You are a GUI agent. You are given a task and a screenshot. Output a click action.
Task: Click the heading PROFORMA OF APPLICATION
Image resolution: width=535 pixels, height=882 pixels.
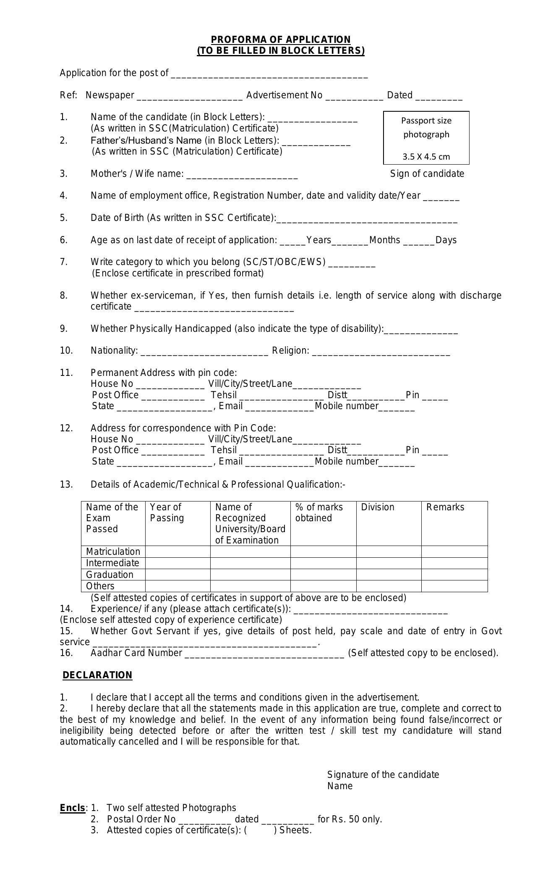280,40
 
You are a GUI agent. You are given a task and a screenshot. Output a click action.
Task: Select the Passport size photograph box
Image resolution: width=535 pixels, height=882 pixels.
426,138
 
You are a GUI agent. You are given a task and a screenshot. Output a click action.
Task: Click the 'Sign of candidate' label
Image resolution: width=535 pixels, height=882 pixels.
427,174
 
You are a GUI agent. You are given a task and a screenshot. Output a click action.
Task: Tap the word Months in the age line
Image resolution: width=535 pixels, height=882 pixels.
385,240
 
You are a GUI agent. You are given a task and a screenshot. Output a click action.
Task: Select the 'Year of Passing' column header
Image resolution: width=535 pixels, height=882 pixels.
167,513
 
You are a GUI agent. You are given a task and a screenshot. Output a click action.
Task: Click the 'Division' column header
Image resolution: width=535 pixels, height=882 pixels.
378,507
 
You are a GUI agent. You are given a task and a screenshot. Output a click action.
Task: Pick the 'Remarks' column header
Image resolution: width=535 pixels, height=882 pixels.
445,507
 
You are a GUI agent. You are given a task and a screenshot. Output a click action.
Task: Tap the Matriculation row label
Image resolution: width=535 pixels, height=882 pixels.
113,552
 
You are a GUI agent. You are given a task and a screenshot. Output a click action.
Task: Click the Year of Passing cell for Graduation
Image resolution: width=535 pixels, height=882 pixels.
177,575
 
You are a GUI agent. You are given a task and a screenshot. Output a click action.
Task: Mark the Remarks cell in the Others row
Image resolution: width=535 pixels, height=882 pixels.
454,586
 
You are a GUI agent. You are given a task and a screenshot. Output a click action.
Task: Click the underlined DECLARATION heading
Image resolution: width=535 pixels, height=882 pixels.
97,675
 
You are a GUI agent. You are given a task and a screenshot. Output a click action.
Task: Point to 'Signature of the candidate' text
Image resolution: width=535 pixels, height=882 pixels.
383,774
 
